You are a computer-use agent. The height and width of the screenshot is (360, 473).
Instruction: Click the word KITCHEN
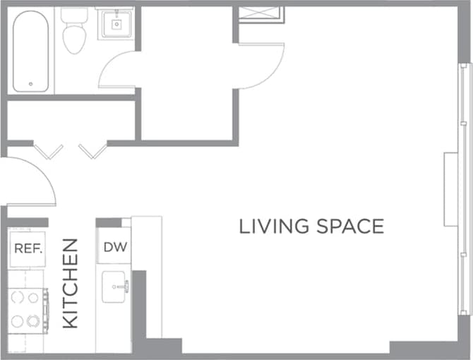click(x=70, y=283)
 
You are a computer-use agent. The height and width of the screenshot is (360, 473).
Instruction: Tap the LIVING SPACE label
click(x=311, y=227)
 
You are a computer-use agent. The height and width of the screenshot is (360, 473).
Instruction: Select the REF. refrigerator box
click(x=29, y=248)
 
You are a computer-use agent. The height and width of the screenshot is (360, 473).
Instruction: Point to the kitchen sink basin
click(x=113, y=287)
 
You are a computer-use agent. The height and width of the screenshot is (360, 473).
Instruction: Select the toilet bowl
click(x=73, y=41)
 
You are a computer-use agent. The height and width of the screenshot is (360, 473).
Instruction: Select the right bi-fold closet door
click(x=92, y=151)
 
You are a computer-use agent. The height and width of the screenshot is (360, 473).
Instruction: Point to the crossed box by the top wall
click(x=261, y=14)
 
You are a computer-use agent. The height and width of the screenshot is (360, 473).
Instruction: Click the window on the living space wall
click(x=464, y=191)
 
